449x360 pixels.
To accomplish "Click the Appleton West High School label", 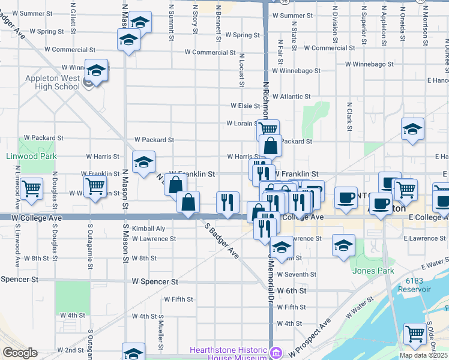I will pos(52,82).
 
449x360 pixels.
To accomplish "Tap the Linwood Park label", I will pos(31,156).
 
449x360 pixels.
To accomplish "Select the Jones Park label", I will pos(373,271).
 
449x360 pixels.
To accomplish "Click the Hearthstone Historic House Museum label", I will pos(228,353).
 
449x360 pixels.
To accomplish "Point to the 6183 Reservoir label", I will pos(418,285).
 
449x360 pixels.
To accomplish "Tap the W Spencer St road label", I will pos(155,281).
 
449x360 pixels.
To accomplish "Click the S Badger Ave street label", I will pos(221,242).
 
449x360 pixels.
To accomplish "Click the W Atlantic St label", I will pos(291,96).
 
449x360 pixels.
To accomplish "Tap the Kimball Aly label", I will pos(148,229).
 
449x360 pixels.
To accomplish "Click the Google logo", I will pos(20,353).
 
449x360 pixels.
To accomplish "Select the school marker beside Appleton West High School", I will pos(96,71).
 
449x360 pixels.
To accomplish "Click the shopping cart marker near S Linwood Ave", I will pos(31,188).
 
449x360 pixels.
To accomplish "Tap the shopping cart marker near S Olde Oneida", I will pos(415,334).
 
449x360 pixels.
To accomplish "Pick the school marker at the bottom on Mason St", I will pos(133,353).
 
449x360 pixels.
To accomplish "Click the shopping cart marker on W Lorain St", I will pos(268,129).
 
